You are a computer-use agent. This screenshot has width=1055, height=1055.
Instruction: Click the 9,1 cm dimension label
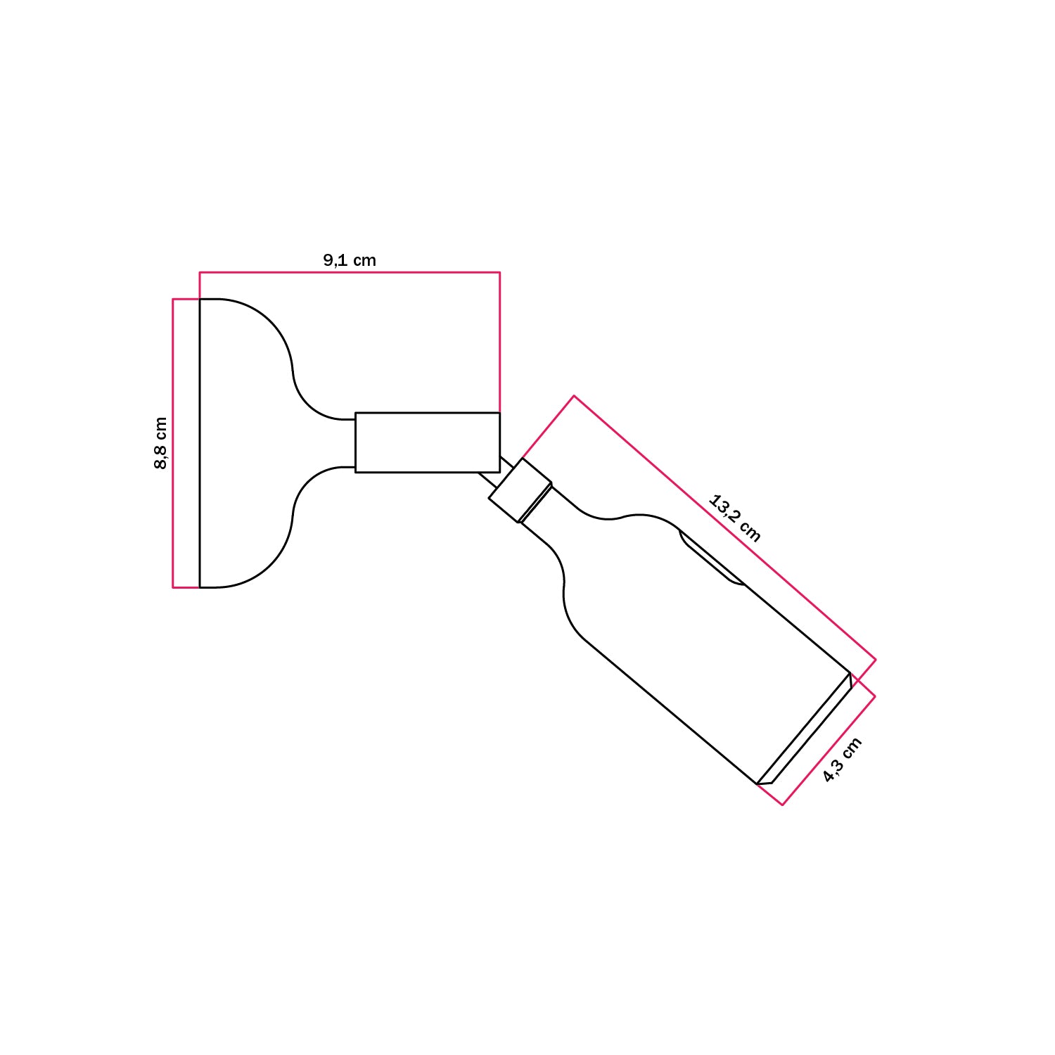pyautogui.click(x=350, y=260)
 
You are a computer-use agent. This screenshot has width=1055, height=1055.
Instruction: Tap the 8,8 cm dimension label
pyautogui.click(x=161, y=443)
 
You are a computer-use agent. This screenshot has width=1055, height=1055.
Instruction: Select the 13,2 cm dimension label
pyautogui.click(x=734, y=519)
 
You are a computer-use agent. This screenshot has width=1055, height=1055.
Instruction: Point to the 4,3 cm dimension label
pyautogui.click(x=842, y=760)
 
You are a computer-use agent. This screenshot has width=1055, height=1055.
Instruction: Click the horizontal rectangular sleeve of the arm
pyautogui.click(x=427, y=442)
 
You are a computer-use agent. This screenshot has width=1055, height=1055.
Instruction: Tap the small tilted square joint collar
pyautogui.click(x=520, y=490)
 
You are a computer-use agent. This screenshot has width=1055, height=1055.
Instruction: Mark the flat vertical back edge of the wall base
pyautogui.click(x=200, y=443)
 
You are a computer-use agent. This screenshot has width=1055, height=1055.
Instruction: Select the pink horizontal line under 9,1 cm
pyautogui.click(x=350, y=272)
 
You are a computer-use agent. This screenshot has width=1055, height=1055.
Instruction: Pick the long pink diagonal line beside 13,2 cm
pyautogui.click(x=724, y=527)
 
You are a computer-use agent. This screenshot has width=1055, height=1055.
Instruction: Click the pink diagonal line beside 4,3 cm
pyautogui.click(x=829, y=750)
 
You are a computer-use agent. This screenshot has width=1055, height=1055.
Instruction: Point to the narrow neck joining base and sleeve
pyautogui.click(x=331, y=443)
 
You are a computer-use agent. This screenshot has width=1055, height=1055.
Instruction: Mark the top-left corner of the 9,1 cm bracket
pyautogui.click(x=200, y=272)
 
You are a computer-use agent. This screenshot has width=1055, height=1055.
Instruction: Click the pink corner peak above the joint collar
pyautogui.click(x=574, y=396)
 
